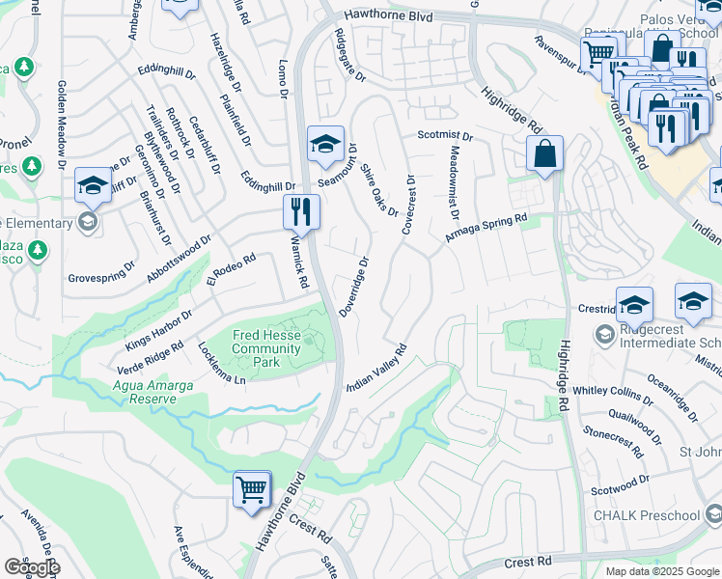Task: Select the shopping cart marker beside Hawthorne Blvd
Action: pyautogui.click(x=252, y=489)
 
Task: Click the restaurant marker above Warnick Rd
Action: pyautogui.click(x=301, y=212)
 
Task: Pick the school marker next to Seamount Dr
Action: pyautogui.click(x=325, y=146)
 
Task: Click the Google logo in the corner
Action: pyautogui.click(x=32, y=567)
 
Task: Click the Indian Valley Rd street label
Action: pyautogui.click(x=377, y=368)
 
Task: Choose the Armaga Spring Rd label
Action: pyautogui.click(x=486, y=229)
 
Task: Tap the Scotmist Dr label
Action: pyautogui.click(x=445, y=136)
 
